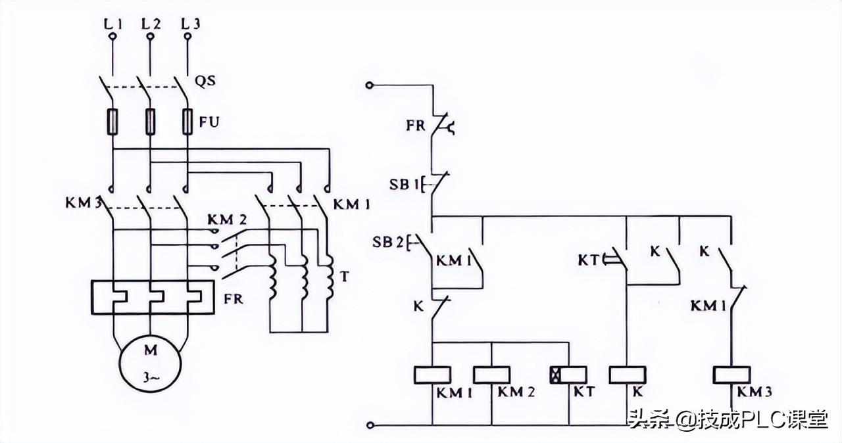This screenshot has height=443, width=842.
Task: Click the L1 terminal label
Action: coord(113,24)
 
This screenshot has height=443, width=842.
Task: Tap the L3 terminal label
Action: coord(191,24)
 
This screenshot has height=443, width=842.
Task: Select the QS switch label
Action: coord(205,82)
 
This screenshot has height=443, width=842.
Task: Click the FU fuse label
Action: coord(209,122)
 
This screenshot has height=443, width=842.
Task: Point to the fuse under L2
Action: coord(151,122)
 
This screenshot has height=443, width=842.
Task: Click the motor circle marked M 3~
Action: coord(151,361)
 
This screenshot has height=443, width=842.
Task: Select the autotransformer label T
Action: coord(343,277)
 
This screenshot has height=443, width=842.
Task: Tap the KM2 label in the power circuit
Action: coord(227,220)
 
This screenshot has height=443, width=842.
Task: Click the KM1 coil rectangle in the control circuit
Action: coord(432,375)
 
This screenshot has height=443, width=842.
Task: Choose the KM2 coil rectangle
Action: coord(491,375)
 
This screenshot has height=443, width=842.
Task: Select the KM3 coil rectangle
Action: coord(732,375)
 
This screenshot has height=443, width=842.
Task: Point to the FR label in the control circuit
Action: coord(416,125)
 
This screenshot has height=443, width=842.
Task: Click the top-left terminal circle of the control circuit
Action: coord(370,85)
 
